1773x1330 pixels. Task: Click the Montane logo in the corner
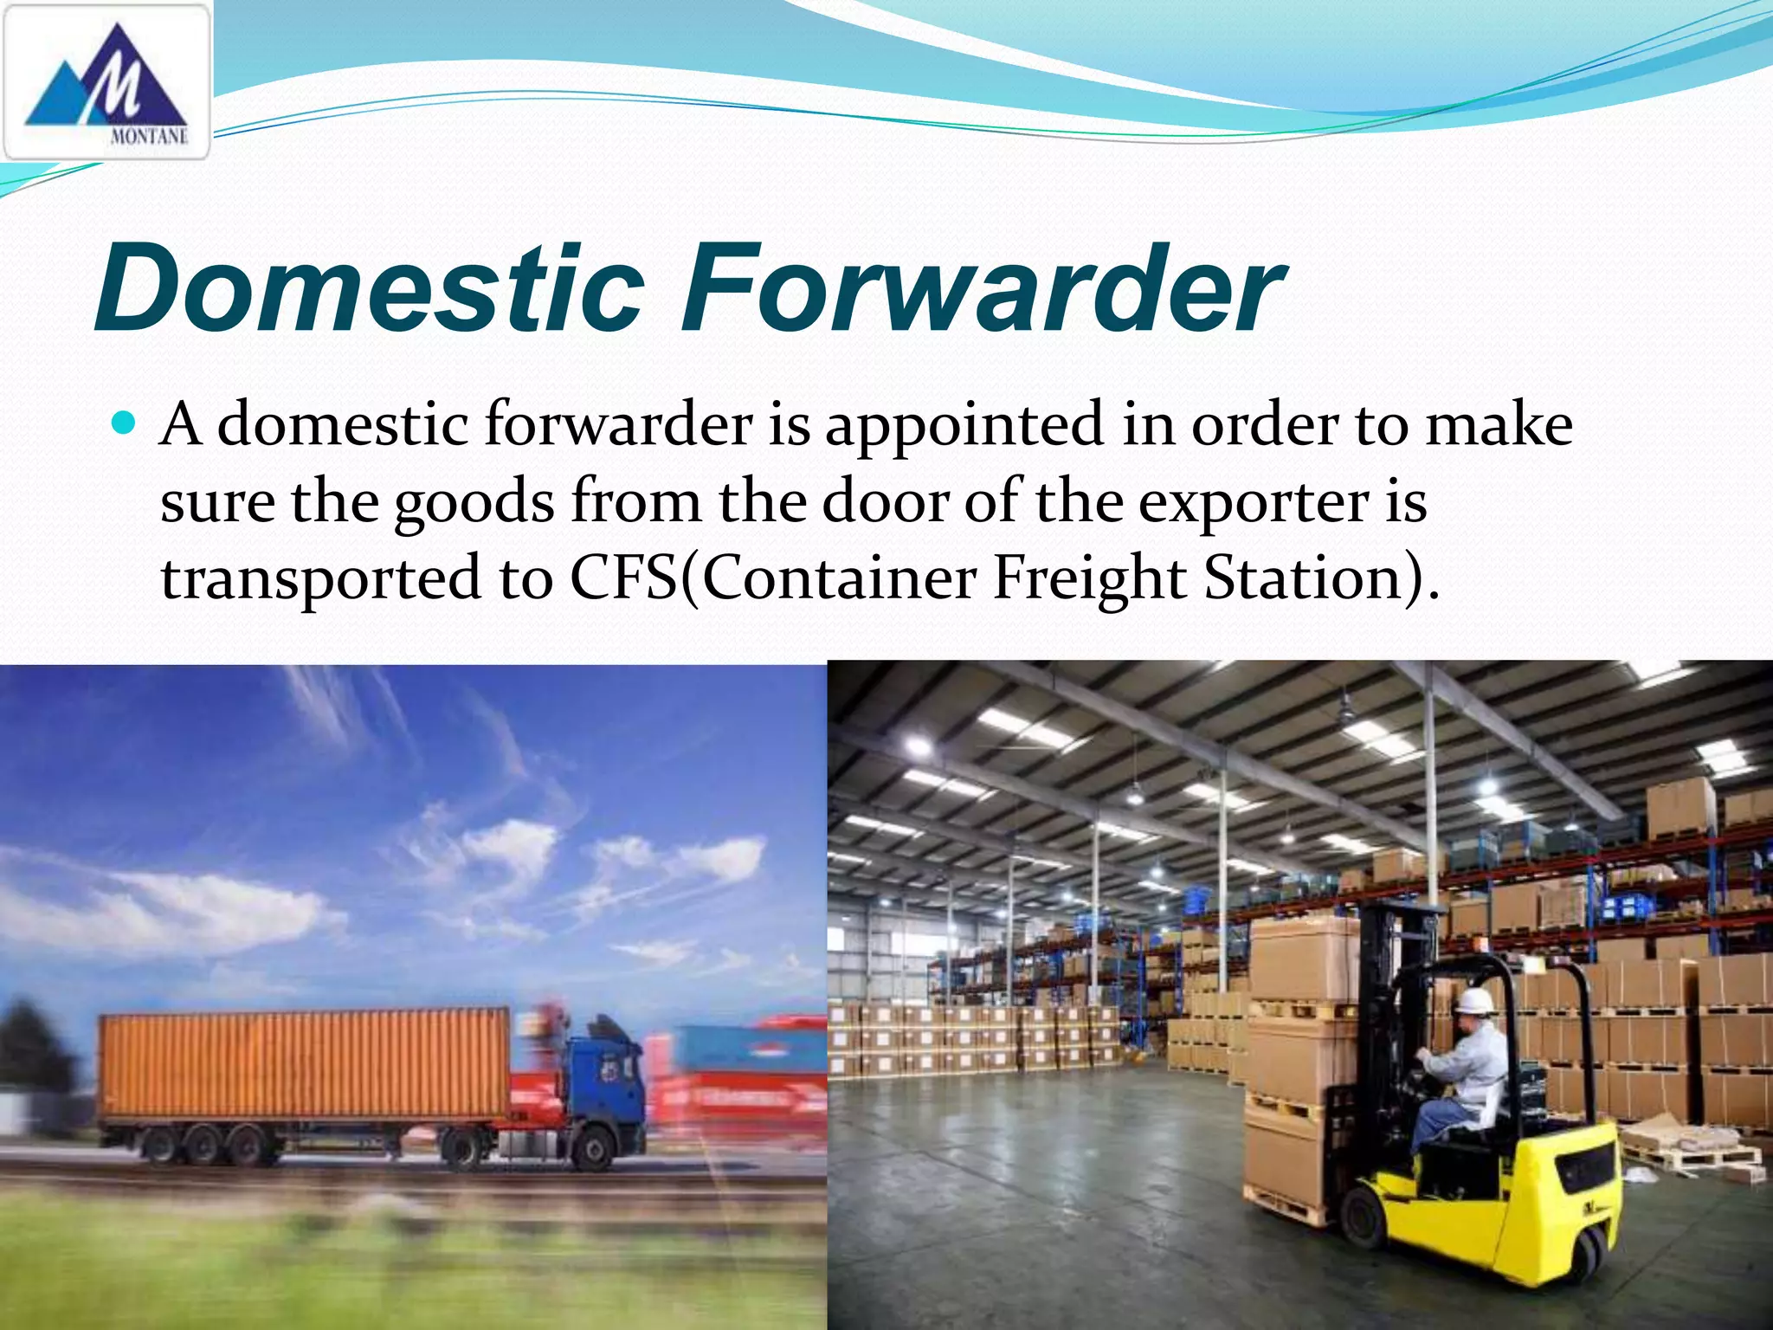click(106, 82)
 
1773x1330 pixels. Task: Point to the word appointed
click(964, 426)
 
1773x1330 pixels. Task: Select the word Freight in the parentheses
click(1088, 578)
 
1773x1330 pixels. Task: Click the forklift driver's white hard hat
click(1473, 1001)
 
